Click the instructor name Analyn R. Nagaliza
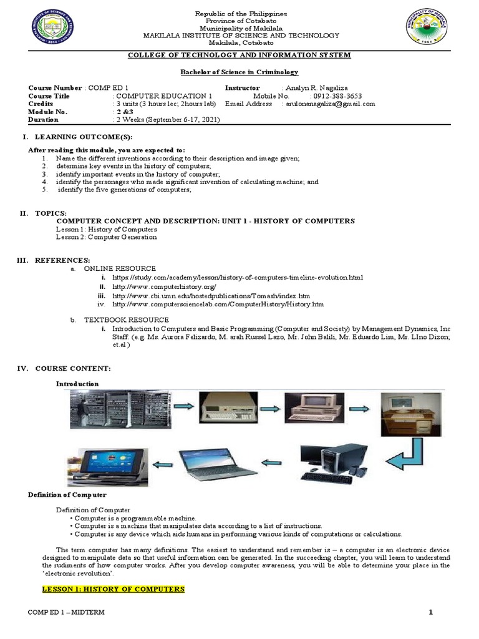[x=317, y=88]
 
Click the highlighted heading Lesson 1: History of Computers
[x=113, y=589]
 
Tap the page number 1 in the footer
[x=430, y=612]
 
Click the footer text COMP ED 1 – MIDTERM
[x=66, y=612]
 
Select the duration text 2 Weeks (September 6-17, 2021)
[x=166, y=119]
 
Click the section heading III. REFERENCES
[x=60, y=260]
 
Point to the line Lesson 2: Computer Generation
[x=107, y=237]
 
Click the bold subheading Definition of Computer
[x=67, y=495]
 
